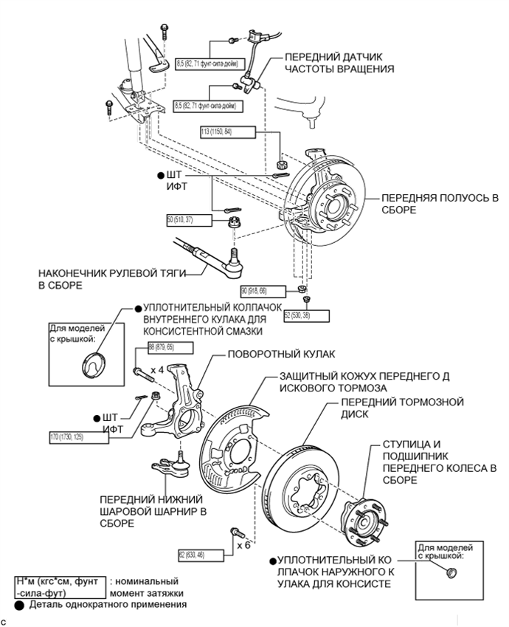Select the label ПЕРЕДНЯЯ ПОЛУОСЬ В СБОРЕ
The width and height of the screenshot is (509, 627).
click(439, 205)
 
